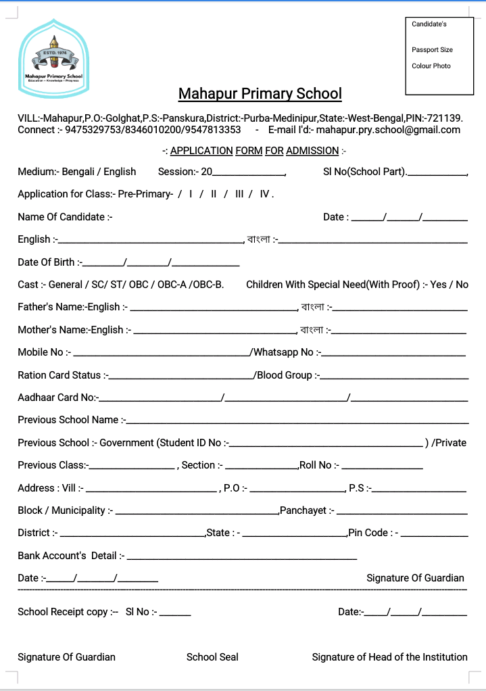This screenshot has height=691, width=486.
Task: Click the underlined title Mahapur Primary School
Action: tap(260, 93)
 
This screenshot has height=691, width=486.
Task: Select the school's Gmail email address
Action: tap(388, 130)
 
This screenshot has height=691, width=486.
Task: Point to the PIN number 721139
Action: tap(443, 118)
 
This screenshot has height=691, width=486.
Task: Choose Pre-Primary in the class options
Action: tap(145, 194)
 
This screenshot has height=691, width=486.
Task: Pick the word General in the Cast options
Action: tap(65, 285)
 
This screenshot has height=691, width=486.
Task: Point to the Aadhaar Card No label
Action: tap(57, 398)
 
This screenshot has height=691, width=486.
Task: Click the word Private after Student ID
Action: tap(451, 443)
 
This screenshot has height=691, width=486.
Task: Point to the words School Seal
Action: tap(212, 657)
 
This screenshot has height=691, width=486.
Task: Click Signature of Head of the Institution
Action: tap(389, 657)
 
